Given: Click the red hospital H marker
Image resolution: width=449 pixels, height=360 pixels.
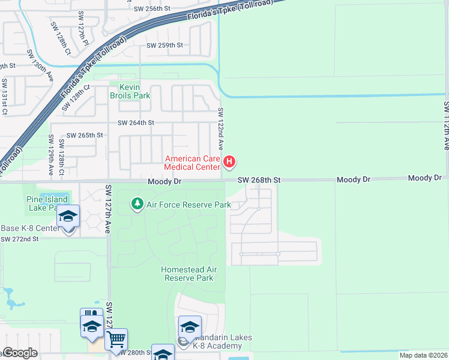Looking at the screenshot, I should [x=229, y=161].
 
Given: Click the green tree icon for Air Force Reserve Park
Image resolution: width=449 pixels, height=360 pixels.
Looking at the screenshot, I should [x=137, y=205].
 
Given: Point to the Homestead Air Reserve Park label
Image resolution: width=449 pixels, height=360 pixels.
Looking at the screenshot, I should [x=187, y=274].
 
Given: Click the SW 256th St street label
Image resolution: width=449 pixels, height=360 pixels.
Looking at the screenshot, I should [x=152, y=8].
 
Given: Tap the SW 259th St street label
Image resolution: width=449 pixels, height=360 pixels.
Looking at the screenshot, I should [x=164, y=45].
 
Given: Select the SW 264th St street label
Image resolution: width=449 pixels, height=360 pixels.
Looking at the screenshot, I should [x=136, y=122].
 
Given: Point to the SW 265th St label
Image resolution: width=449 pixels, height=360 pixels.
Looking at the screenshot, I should [x=85, y=136].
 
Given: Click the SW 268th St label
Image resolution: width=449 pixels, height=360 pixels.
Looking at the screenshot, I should [x=259, y=179].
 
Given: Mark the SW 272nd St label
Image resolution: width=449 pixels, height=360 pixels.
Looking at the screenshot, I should [x=19, y=239].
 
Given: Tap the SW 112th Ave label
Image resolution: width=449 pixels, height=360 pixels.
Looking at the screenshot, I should [x=446, y=125].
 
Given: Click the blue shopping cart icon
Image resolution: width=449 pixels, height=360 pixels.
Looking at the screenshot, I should [x=116, y=340].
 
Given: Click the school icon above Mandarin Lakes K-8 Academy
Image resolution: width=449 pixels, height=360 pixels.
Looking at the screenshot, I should [x=190, y=327].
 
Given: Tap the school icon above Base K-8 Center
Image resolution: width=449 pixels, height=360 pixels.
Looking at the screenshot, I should [x=68, y=217].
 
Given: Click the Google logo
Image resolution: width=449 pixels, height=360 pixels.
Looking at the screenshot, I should [x=20, y=353].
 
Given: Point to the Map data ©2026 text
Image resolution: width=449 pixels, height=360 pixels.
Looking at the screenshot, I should [x=423, y=355].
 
